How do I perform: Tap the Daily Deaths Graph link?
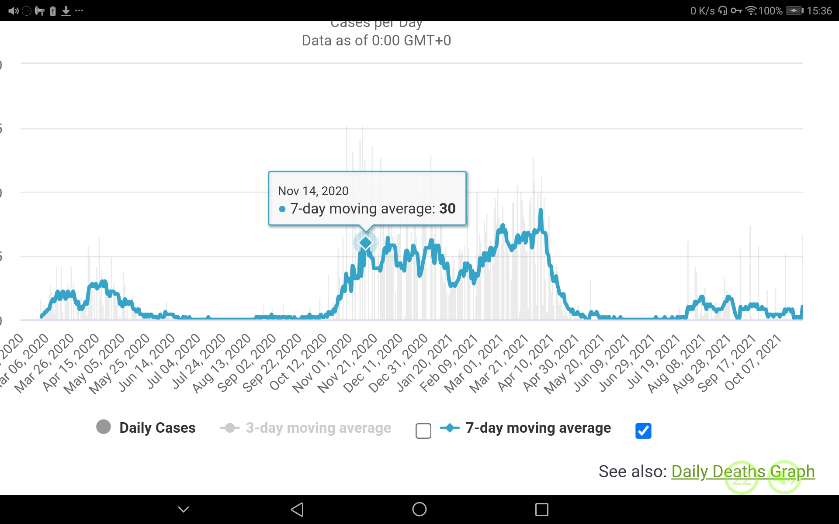[742, 472]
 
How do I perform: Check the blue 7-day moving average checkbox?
[643, 431]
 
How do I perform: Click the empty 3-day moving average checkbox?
[423, 431]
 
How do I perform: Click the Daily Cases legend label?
[157, 428]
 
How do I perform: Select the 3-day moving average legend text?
[318, 428]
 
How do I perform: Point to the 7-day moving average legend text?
[538, 428]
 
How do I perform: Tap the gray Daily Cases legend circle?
[104, 427]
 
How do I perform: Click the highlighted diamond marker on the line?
[365, 242]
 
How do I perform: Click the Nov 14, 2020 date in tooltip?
[313, 191]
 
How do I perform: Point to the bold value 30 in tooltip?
[447, 209]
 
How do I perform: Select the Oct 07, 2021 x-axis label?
[753, 362]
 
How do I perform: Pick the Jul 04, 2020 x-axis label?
[173, 362]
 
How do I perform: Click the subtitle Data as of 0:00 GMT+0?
[376, 41]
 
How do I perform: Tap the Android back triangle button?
[297, 509]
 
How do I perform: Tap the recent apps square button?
[541, 509]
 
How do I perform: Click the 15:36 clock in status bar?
[819, 10]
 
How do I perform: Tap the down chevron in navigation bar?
[184, 509]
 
